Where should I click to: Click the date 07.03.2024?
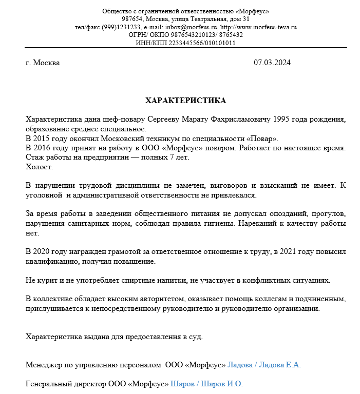272,63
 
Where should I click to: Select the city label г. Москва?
43,63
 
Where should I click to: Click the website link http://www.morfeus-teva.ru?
258,27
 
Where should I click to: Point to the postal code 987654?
132,19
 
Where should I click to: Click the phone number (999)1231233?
122,27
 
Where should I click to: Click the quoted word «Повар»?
262,139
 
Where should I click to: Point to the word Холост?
39,167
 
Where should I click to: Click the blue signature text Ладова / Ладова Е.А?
264,365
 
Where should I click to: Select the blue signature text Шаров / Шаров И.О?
206,384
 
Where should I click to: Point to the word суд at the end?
195,337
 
